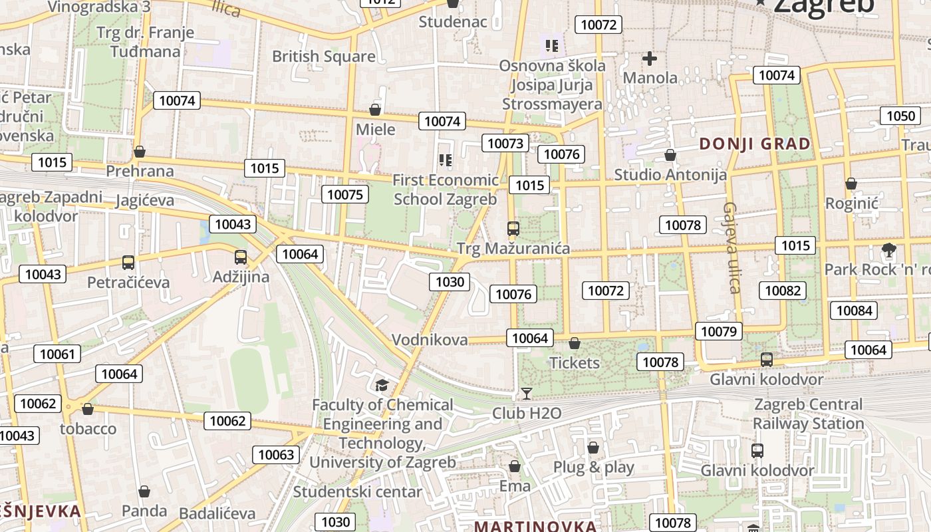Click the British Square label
(x=324, y=57)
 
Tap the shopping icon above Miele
(x=375, y=110)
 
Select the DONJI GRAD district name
(x=755, y=144)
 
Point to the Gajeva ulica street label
(x=732, y=247)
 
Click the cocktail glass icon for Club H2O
(x=527, y=394)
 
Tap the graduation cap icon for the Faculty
(x=382, y=385)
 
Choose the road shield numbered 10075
(x=345, y=194)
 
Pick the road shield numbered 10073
(x=505, y=143)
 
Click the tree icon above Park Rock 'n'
(x=888, y=250)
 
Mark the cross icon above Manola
(x=650, y=59)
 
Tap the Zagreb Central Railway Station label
(x=808, y=414)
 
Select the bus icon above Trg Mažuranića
(x=513, y=229)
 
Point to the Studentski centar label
(x=358, y=492)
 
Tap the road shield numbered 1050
(x=901, y=116)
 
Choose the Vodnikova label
(x=430, y=340)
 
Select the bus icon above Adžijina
(x=241, y=257)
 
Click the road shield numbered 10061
(x=57, y=354)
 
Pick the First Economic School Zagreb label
(x=445, y=190)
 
